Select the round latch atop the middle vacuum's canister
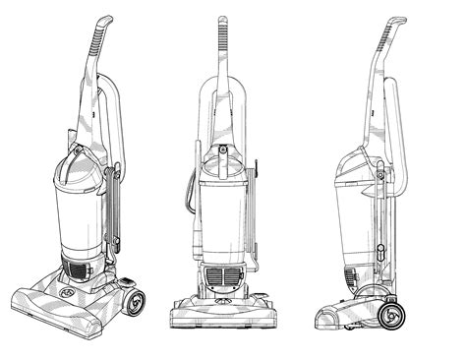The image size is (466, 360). pyautogui.click(x=224, y=150)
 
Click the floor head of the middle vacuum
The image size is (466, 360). pyautogui.click(x=224, y=313)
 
